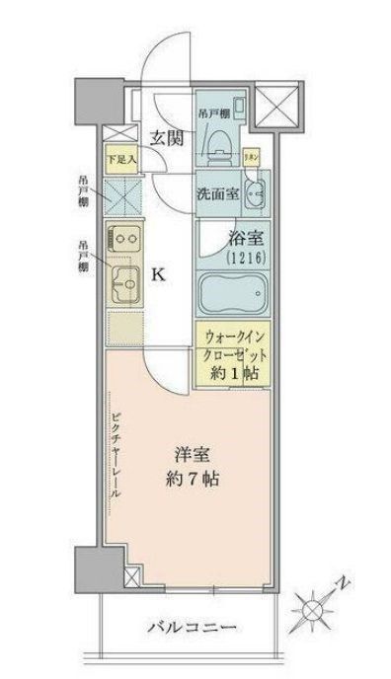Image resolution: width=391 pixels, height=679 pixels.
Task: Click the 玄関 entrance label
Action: coord(164,137)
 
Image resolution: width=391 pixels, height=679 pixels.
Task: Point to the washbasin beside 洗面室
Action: coord(254,193)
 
